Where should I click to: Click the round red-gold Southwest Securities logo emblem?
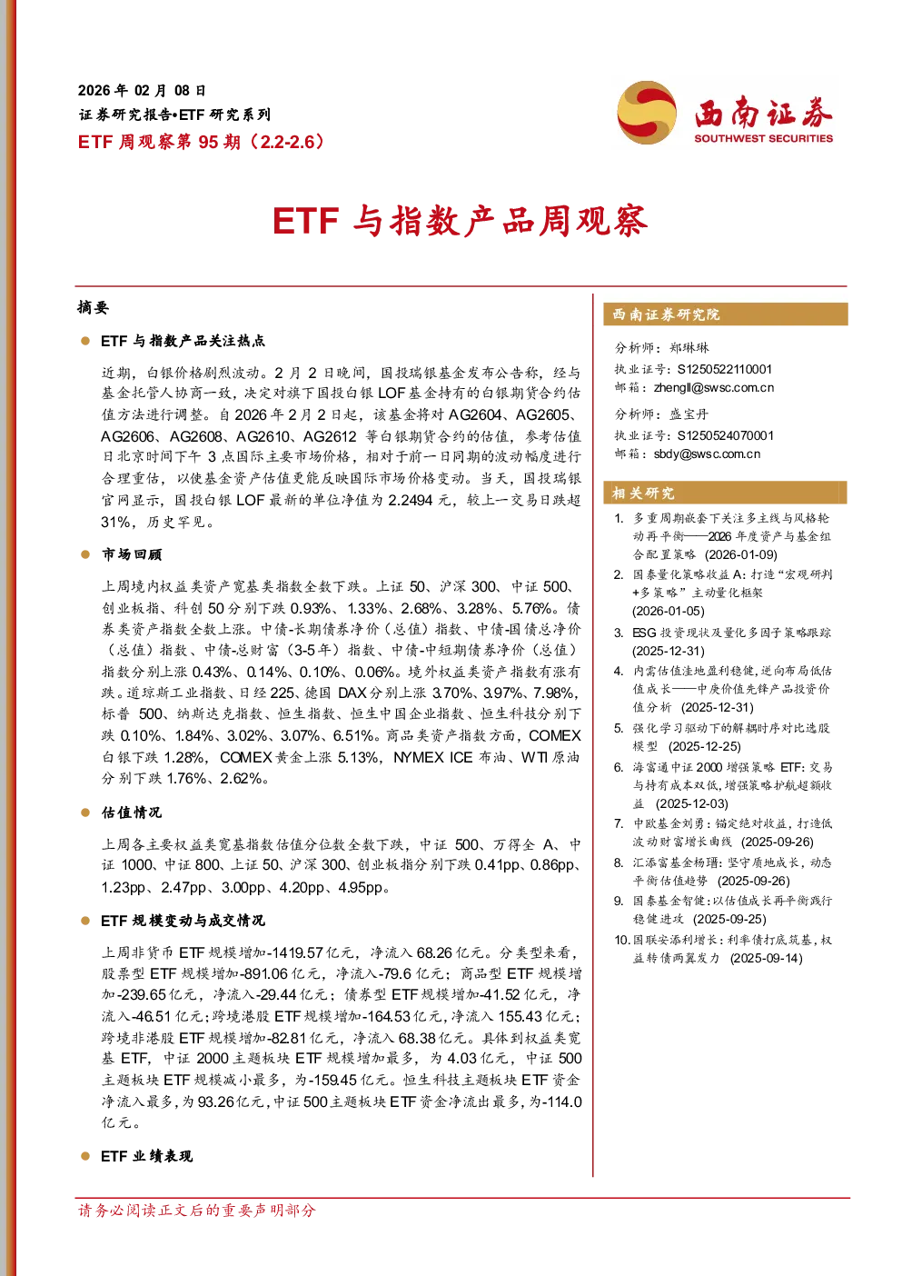coord(647,112)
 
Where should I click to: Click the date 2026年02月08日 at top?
coord(141,91)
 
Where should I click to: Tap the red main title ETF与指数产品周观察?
coord(461,221)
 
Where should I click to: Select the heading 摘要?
coord(93,307)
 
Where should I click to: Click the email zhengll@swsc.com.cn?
coord(713,388)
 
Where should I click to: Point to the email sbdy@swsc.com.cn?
coord(707,454)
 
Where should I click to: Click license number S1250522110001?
coord(724,369)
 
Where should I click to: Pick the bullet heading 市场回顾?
coord(132,554)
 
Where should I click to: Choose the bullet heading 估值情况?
coord(132,812)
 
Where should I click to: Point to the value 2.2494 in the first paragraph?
coord(410,500)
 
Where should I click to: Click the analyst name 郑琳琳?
coord(689,348)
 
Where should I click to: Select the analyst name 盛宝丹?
coord(689,414)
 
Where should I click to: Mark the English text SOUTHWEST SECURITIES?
coord(763,138)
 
